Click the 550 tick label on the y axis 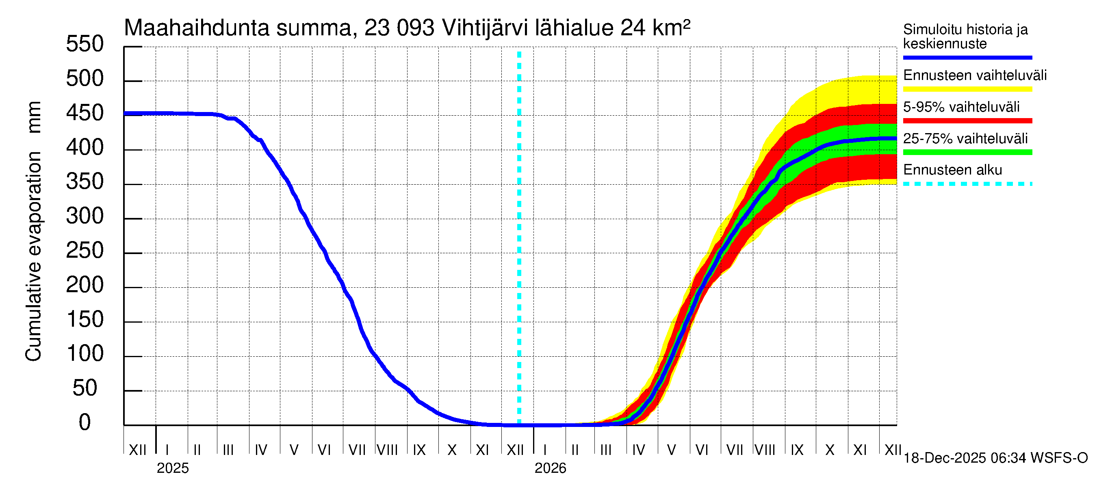(x=85, y=44)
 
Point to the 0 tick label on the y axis (x=85, y=422)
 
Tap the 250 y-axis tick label (x=85, y=250)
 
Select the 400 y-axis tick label (x=85, y=148)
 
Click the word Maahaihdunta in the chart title (x=197, y=28)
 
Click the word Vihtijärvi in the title (x=485, y=28)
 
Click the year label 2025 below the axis (x=172, y=468)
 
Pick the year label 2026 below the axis (x=550, y=468)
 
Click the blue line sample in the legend (x=967, y=57)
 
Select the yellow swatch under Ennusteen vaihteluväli (x=967, y=89)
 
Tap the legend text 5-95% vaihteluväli (x=961, y=107)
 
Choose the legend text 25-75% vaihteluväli (x=965, y=139)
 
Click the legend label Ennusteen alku (x=952, y=170)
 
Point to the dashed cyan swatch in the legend (x=967, y=184)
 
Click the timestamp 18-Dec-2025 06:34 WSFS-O (x=995, y=458)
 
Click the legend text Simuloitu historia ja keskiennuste (x=965, y=37)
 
